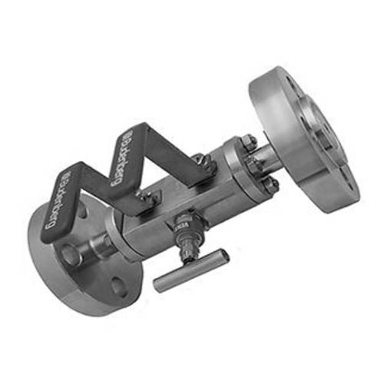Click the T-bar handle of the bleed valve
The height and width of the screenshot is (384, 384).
[x=190, y=270]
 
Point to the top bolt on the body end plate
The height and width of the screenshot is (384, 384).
[x=248, y=141]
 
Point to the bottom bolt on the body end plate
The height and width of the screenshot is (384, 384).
[x=271, y=184]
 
